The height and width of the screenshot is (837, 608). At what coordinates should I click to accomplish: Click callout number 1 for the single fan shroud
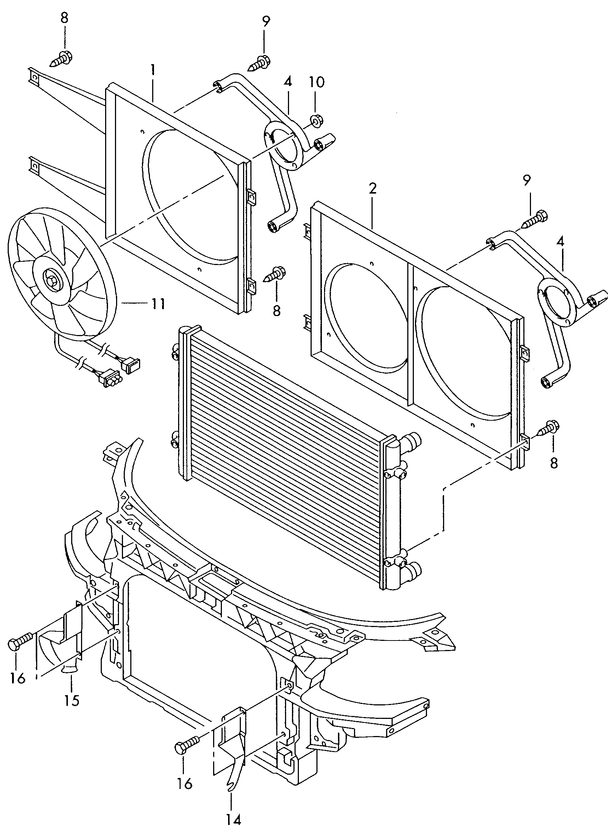coord(153,70)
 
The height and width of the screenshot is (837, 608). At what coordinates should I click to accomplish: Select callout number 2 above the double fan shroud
coord(372,188)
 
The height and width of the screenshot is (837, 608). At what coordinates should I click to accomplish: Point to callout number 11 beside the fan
coord(158,304)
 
